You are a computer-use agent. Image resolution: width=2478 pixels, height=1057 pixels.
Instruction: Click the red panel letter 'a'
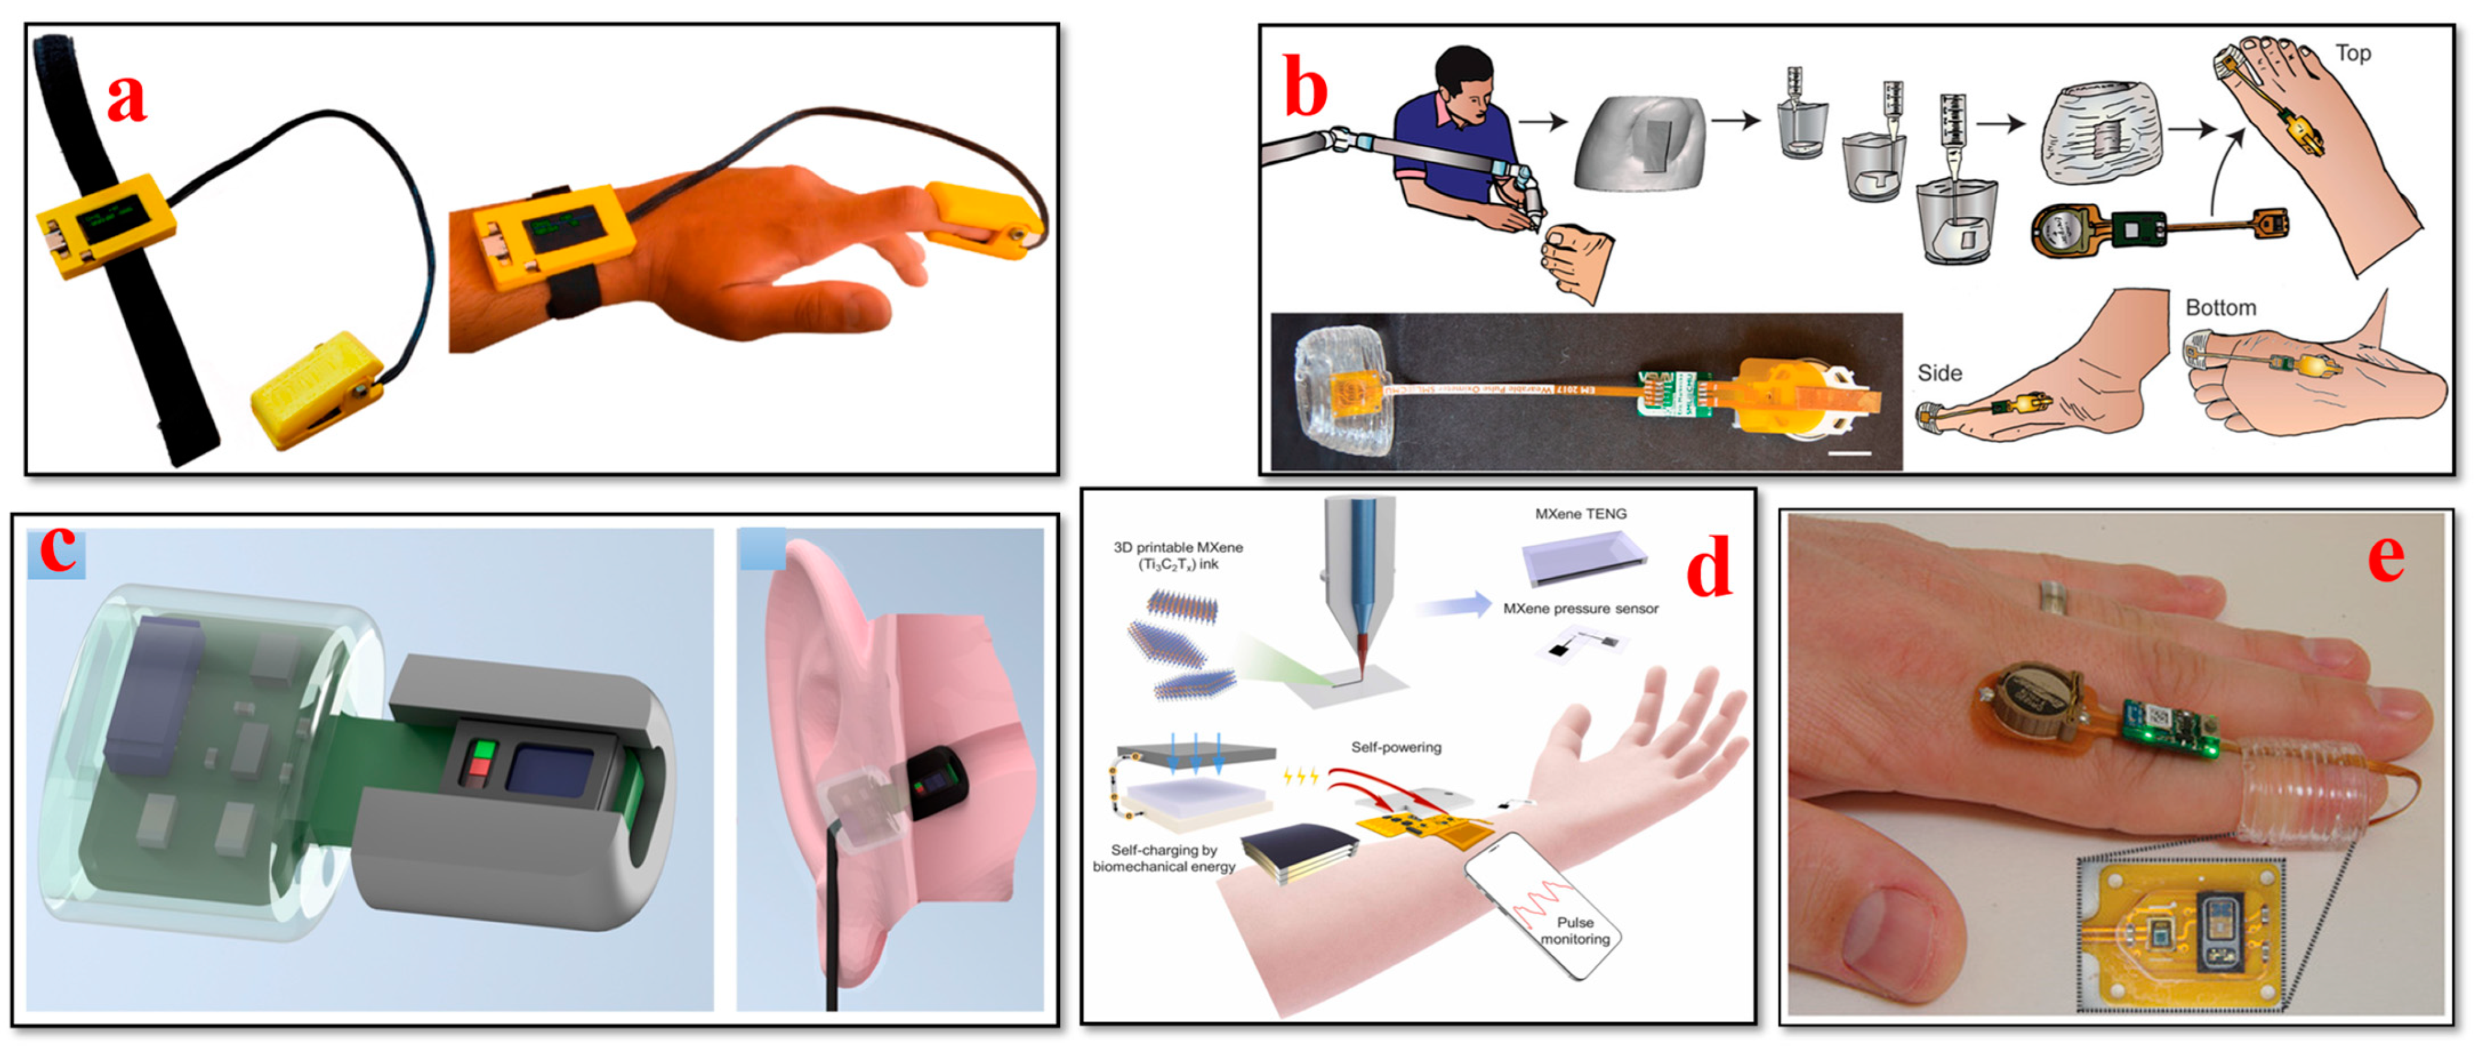[x=126, y=98]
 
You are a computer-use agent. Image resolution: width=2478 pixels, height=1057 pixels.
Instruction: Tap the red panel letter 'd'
[x=1708, y=568]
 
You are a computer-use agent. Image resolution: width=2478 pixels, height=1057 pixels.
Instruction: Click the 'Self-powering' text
[x=1396, y=747]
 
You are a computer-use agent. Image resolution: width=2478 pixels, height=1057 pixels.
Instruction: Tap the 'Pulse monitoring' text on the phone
[x=1575, y=930]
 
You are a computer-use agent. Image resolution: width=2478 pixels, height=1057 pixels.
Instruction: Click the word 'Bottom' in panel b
[x=2220, y=307]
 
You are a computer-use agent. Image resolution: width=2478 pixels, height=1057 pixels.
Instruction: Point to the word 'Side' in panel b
[x=1939, y=373]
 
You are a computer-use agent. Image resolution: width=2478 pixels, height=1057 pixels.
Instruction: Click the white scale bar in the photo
[x=1848, y=453]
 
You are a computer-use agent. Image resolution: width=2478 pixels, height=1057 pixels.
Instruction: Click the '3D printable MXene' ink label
[x=1178, y=555]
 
